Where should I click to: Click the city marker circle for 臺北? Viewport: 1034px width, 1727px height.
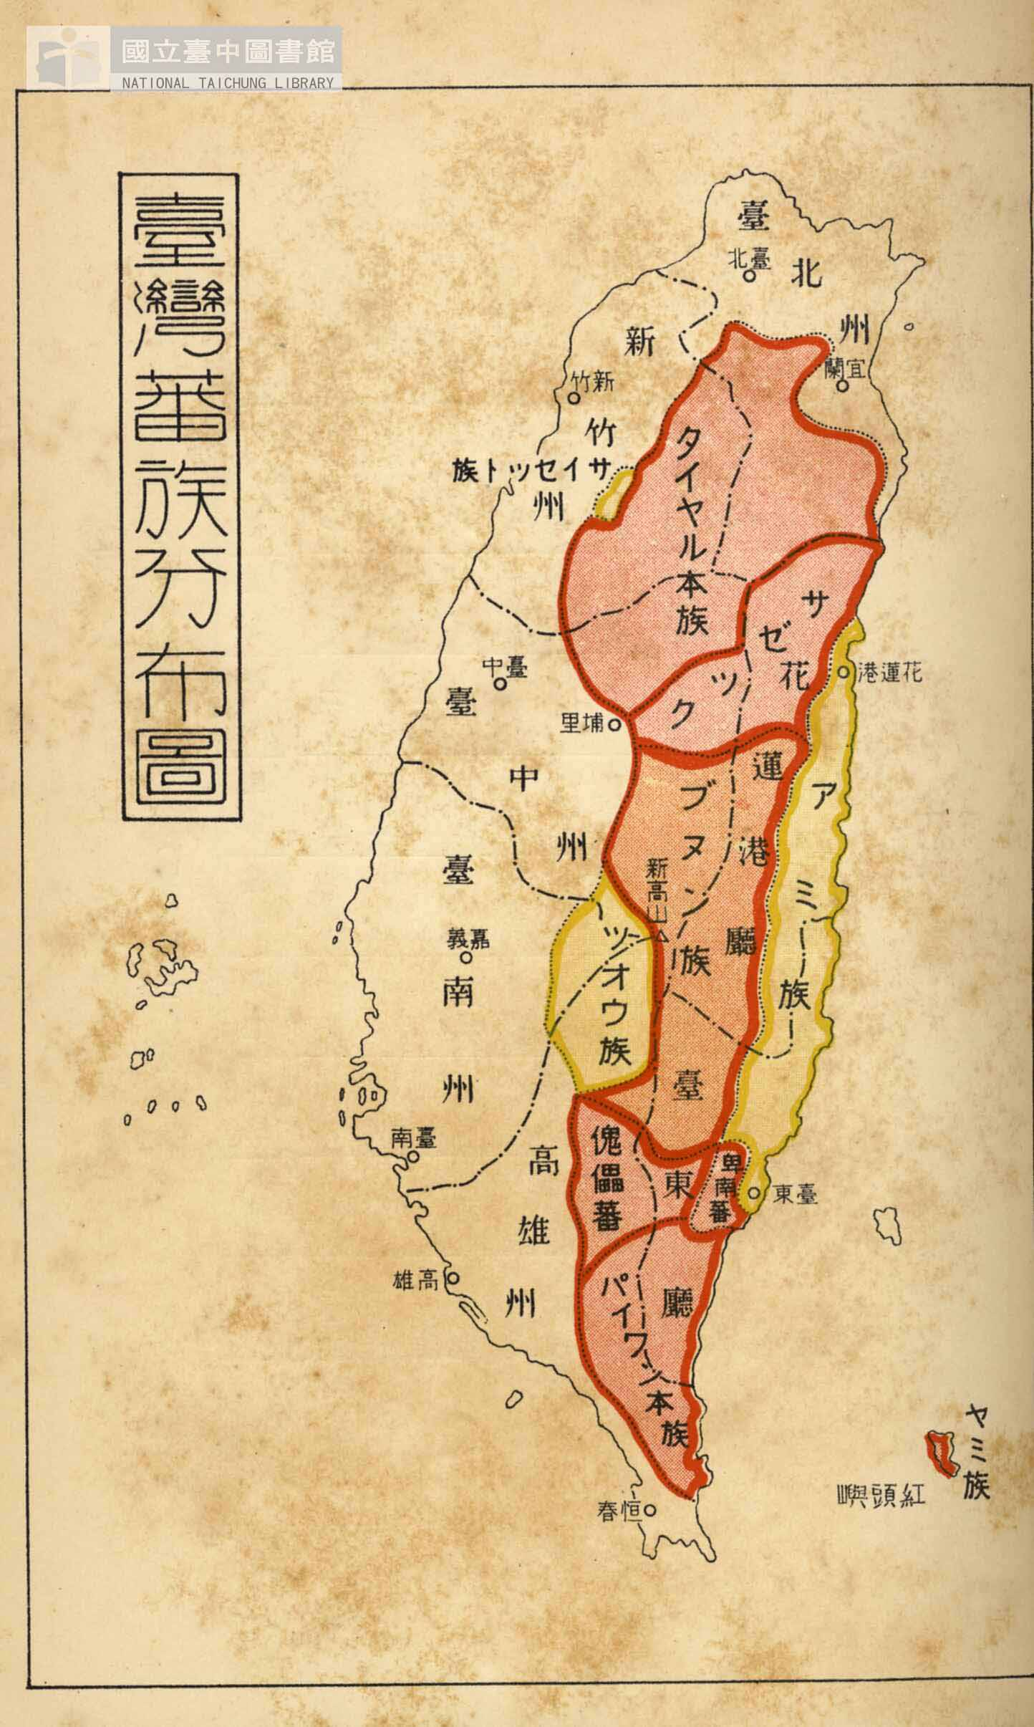click(748, 275)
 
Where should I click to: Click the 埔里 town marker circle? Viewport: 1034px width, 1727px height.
click(614, 725)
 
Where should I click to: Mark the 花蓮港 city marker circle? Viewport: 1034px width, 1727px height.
click(844, 673)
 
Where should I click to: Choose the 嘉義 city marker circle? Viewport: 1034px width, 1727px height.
click(466, 956)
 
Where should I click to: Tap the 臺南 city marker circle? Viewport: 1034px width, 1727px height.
click(412, 1156)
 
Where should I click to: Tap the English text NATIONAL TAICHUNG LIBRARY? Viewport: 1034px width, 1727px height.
click(228, 83)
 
